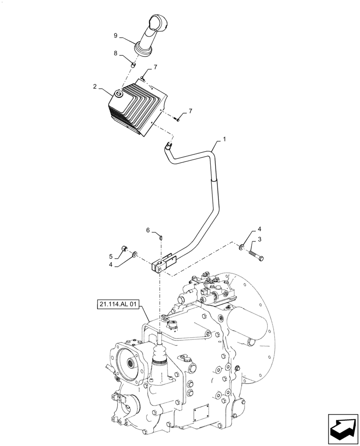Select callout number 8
115,53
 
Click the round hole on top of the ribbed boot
119,94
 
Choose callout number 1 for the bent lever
225,139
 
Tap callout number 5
111,256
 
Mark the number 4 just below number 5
111,265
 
